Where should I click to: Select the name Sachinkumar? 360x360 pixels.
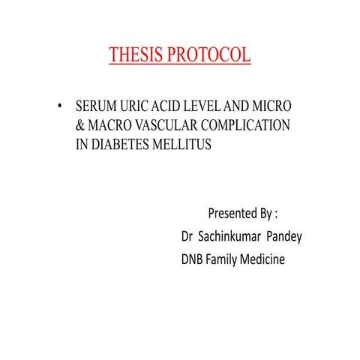coord(232,236)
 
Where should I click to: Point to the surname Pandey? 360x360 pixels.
coord(286,236)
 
